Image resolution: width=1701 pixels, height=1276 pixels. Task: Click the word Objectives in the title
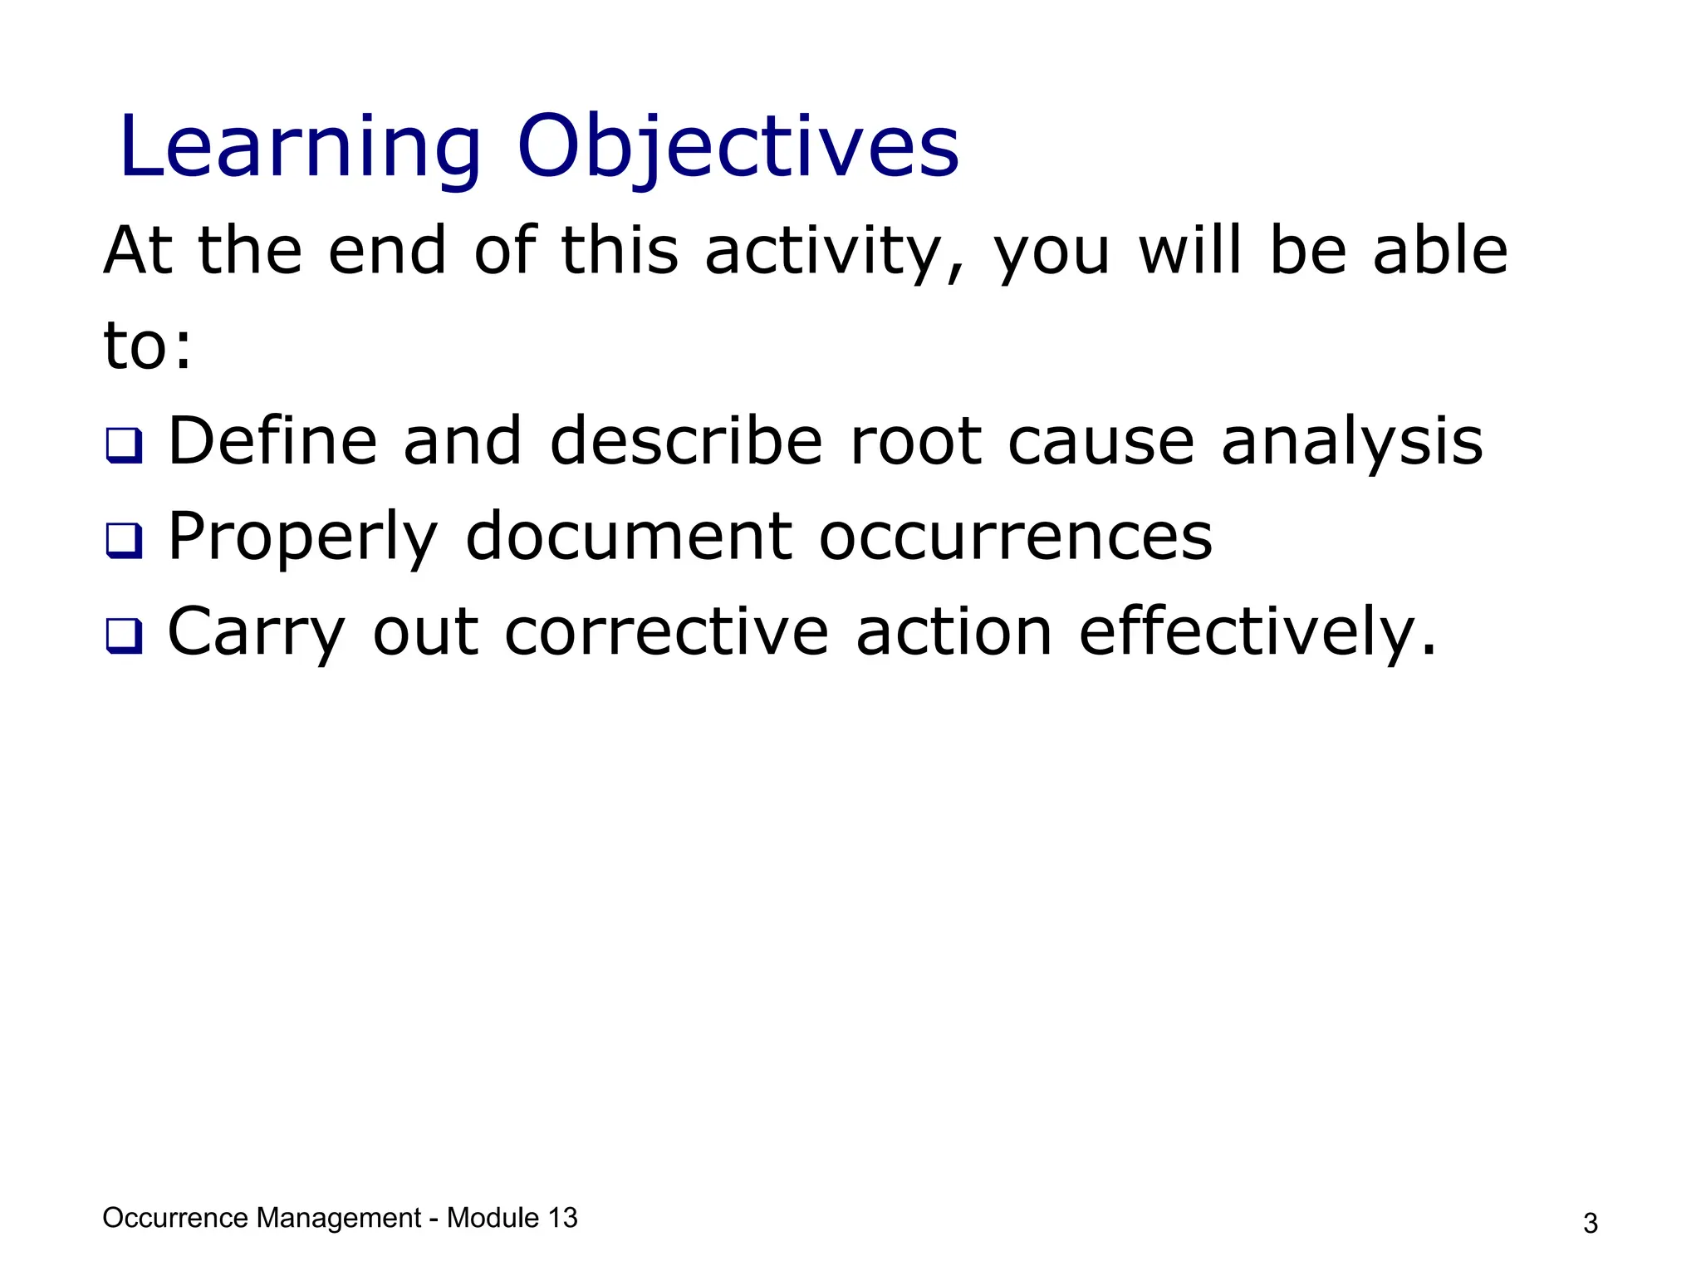coord(738,148)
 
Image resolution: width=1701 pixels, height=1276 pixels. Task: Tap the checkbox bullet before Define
coord(125,445)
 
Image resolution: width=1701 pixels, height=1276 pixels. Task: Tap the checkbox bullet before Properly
coord(125,541)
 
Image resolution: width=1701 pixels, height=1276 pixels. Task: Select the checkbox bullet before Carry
coord(125,636)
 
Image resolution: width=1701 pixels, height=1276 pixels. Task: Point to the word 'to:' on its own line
coord(148,346)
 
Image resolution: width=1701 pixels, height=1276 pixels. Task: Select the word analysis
coord(1351,441)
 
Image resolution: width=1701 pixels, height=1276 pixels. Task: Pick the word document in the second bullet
coord(629,537)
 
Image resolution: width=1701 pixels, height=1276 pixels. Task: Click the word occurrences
coord(1015,537)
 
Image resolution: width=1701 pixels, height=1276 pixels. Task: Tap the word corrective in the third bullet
coord(667,632)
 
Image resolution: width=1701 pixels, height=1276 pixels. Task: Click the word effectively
coord(1257,632)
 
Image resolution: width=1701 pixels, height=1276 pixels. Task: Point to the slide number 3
coord(1590,1224)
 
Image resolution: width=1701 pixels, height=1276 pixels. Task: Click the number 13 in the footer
coord(561,1218)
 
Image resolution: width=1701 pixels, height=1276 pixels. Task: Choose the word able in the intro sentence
coord(1440,251)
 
